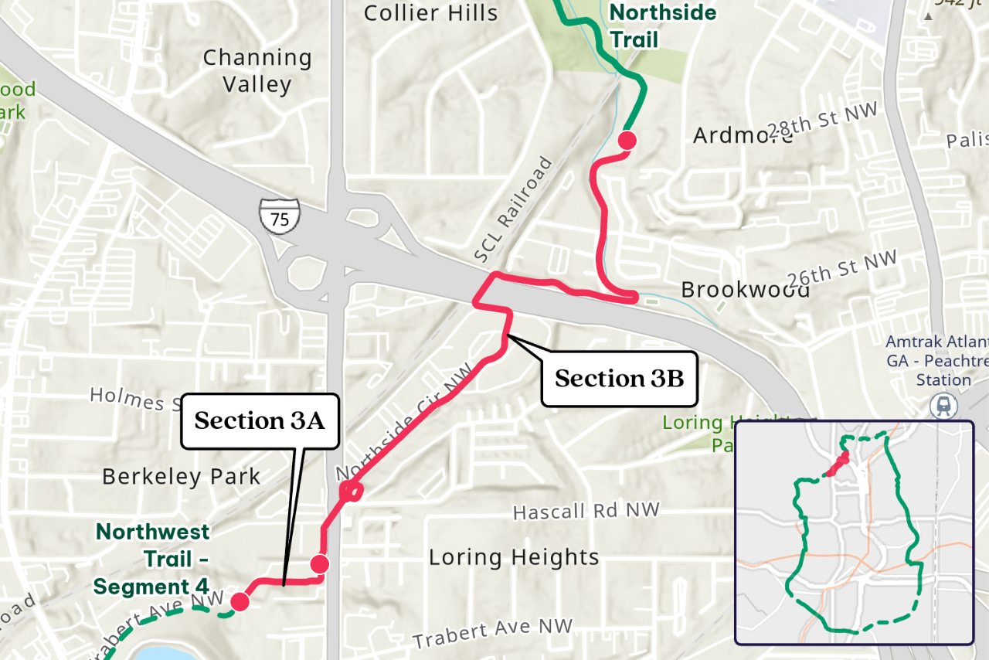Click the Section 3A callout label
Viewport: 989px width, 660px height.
tap(260, 421)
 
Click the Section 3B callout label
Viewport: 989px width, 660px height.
tap(619, 379)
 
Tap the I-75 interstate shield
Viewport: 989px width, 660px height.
tap(279, 216)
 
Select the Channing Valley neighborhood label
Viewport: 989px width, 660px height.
tap(257, 70)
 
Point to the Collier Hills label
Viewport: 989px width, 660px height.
tap(430, 13)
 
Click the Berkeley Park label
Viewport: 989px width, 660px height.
tap(182, 476)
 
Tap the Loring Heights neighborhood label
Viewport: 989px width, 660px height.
tap(514, 557)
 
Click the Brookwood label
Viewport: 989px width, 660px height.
tap(745, 290)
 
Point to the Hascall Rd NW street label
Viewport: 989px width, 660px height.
tap(586, 512)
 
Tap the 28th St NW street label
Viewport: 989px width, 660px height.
tap(824, 121)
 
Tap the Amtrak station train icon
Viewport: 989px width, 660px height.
tap(943, 404)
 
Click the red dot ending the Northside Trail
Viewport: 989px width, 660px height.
tap(627, 140)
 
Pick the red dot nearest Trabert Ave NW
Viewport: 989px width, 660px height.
tap(240, 601)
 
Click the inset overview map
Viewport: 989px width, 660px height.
tap(853, 532)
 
